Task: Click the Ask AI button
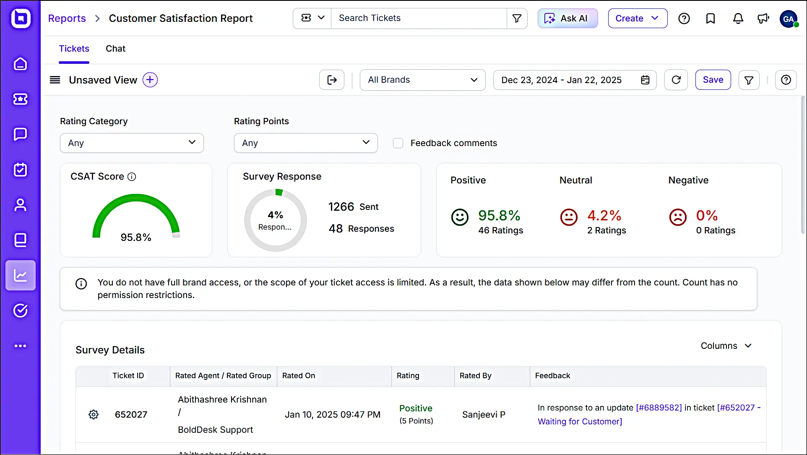tap(568, 18)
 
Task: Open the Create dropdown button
tap(637, 18)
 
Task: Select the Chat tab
tap(115, 49)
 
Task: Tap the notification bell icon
tap(738, 18)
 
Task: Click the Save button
tap(713, 80)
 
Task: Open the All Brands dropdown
tap(422, 80)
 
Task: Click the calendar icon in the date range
tap(645, 80)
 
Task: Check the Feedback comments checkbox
tap(398, 143)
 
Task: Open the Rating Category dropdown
tap(132, 143)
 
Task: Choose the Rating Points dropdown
tap(305, 143)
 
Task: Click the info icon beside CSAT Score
tap(132, 177)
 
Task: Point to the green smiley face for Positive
tap(460, 217)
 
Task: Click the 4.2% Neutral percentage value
tap(604, 216)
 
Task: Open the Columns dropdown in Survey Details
tap(726, 346)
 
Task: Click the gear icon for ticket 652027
tap(94, 415)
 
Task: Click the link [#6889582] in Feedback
tap(659, 408)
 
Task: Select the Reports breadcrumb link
tap(67, 18)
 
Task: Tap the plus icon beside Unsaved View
tap(150, 80)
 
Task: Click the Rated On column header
tap(299, 376)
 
